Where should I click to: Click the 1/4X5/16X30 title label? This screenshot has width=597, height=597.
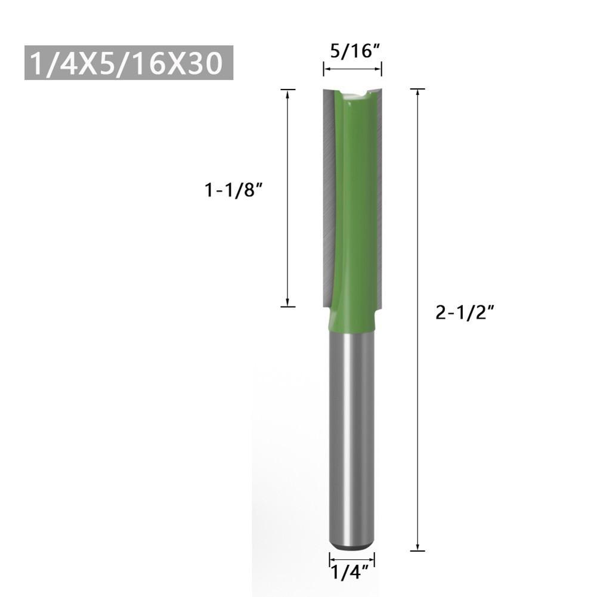pyautogui.click(x=128, y=63)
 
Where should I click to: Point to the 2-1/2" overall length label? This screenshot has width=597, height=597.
pyautogui.click(x=457, y=312)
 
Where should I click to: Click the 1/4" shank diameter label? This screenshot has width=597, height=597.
pyautogui.click(x=352, y=575)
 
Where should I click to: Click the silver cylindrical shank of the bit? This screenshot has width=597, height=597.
pyautogui.click(x=352, y=429)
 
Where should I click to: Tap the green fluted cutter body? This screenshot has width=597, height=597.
pyautogui.click(x=355, y=197)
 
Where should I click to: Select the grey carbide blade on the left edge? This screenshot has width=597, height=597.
pyautogui.click(x=327, y=197)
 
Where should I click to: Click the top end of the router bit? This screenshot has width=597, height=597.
pyautogui.click(x=352, y=91)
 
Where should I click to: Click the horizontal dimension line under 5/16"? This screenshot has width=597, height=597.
pyautogui.click(x=352, y=70)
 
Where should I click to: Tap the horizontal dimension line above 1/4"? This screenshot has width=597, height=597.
pyautogui.click(x=352, y=559)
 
